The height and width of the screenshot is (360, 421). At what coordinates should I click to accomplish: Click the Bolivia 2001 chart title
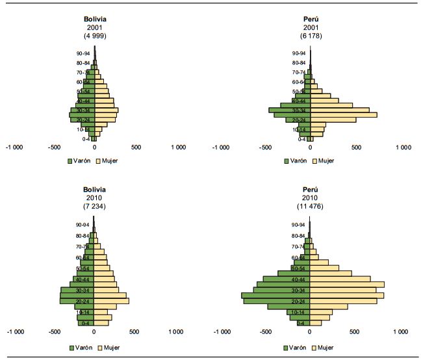pos(95,19)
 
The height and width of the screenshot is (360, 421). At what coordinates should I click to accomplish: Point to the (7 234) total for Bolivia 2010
pos(95,207)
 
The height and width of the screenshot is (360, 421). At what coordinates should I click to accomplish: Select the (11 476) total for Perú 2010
pos(309,207)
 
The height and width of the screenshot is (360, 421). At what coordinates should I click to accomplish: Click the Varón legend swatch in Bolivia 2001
pos(70,160)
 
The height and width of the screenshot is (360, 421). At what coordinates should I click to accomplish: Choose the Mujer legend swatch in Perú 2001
pos(315,160)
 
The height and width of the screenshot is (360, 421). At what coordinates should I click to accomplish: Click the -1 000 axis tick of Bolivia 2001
pos(14,148)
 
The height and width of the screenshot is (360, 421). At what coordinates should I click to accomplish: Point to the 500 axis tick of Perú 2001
pos(356,148)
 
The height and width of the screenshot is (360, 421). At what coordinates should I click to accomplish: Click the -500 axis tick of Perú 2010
pos(265,332)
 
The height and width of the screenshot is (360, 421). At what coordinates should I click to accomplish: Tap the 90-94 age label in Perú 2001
pos(299,53)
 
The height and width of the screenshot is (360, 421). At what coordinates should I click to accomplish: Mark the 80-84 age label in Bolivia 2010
pos(83,236)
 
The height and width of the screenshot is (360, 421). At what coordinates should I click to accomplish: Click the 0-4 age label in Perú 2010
pos(301,323)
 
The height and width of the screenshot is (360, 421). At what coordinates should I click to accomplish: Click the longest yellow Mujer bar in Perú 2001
pos(344,115)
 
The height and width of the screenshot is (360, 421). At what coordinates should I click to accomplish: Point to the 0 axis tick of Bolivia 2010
pos(95,332)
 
